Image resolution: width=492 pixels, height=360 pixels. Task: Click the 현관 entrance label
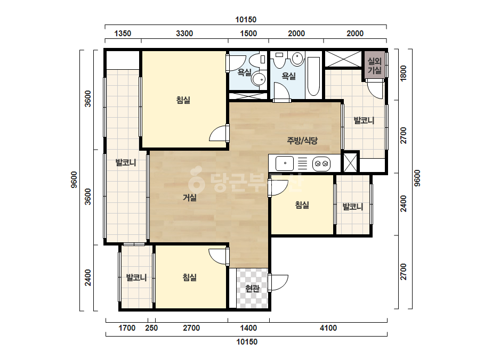click(x=252, y=289)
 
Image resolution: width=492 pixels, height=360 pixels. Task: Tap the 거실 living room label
click(x=190, y=198)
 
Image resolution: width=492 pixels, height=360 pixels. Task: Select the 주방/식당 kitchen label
click(x=302, y=141)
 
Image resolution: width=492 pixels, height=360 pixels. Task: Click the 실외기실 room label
click(x=374, y=65)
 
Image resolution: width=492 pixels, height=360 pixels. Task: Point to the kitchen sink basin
click(x=285, y=163)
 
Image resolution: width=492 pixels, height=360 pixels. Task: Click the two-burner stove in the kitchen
click(x=321, y=163)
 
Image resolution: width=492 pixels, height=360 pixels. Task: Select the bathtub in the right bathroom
click(x=313, y=76)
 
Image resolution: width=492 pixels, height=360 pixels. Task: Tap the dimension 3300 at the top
click(x=184, y=33)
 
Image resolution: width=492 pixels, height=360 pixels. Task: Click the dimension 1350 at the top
click(x=123, y=33)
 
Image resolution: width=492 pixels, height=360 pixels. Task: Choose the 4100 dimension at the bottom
click(x=328, y=328)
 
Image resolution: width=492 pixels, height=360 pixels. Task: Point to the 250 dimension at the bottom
click(x=151, y=328)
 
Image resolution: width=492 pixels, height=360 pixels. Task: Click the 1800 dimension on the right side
click(x=404, y=73)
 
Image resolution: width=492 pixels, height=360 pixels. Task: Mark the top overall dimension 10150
click(x=246, y=20)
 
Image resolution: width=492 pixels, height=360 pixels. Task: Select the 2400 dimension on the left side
click(x=88, y=277)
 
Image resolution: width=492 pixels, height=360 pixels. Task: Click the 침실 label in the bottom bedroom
click(x=190, y=277)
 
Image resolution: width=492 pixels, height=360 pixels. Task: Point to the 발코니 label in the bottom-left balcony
click(x=136, y=277)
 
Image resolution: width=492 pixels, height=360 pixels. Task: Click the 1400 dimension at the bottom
click(x=248, y=328)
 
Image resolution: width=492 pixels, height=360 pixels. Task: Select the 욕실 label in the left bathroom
click(x=245, y=73)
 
